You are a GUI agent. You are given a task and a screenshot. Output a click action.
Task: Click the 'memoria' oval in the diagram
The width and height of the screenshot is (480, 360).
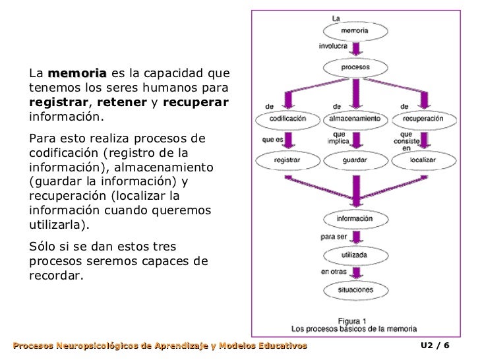(355, 30)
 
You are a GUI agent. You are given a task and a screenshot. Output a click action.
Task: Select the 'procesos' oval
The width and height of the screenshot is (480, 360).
(355, 67)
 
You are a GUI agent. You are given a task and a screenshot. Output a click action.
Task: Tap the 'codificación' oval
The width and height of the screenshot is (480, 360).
(288, 119)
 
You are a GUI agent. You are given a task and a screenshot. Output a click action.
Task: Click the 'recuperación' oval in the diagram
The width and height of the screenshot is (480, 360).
(423, 119)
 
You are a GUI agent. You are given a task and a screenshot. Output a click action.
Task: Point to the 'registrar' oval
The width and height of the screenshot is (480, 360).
(288, 160)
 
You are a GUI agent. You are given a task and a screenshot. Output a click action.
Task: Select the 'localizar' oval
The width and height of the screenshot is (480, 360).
(423, 160)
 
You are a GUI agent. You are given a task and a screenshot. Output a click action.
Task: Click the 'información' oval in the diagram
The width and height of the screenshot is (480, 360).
(355, 218)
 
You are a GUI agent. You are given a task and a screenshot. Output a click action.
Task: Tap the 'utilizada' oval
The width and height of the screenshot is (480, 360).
(355, 254)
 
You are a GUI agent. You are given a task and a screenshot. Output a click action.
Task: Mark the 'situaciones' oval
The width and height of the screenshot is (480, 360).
(355, 289)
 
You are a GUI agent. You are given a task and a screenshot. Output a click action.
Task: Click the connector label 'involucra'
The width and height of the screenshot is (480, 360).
(333, 47)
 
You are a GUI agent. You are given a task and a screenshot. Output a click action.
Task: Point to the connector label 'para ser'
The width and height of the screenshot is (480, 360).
(334, 236)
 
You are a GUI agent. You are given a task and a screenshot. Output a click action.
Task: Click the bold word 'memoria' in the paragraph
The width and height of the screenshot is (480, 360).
(77, 73)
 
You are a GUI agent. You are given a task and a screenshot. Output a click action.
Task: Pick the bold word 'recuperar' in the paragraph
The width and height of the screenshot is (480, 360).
(195, 103)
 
